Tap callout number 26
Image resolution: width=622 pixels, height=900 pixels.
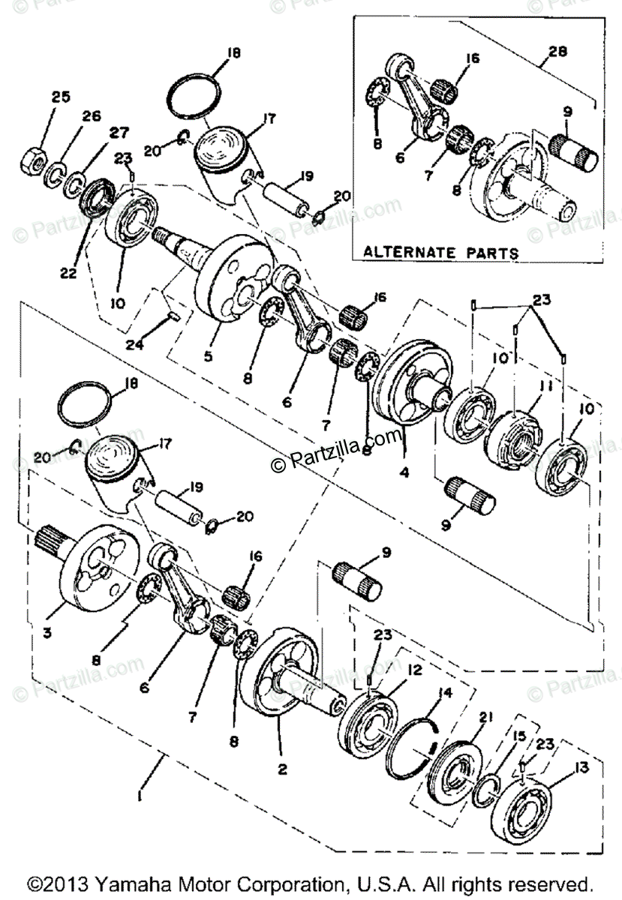[91, 116]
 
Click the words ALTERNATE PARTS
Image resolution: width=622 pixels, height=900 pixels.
[440, 253]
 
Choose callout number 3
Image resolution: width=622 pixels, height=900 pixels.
[47, 634]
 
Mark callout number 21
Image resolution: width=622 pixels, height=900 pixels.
[486, 718]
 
